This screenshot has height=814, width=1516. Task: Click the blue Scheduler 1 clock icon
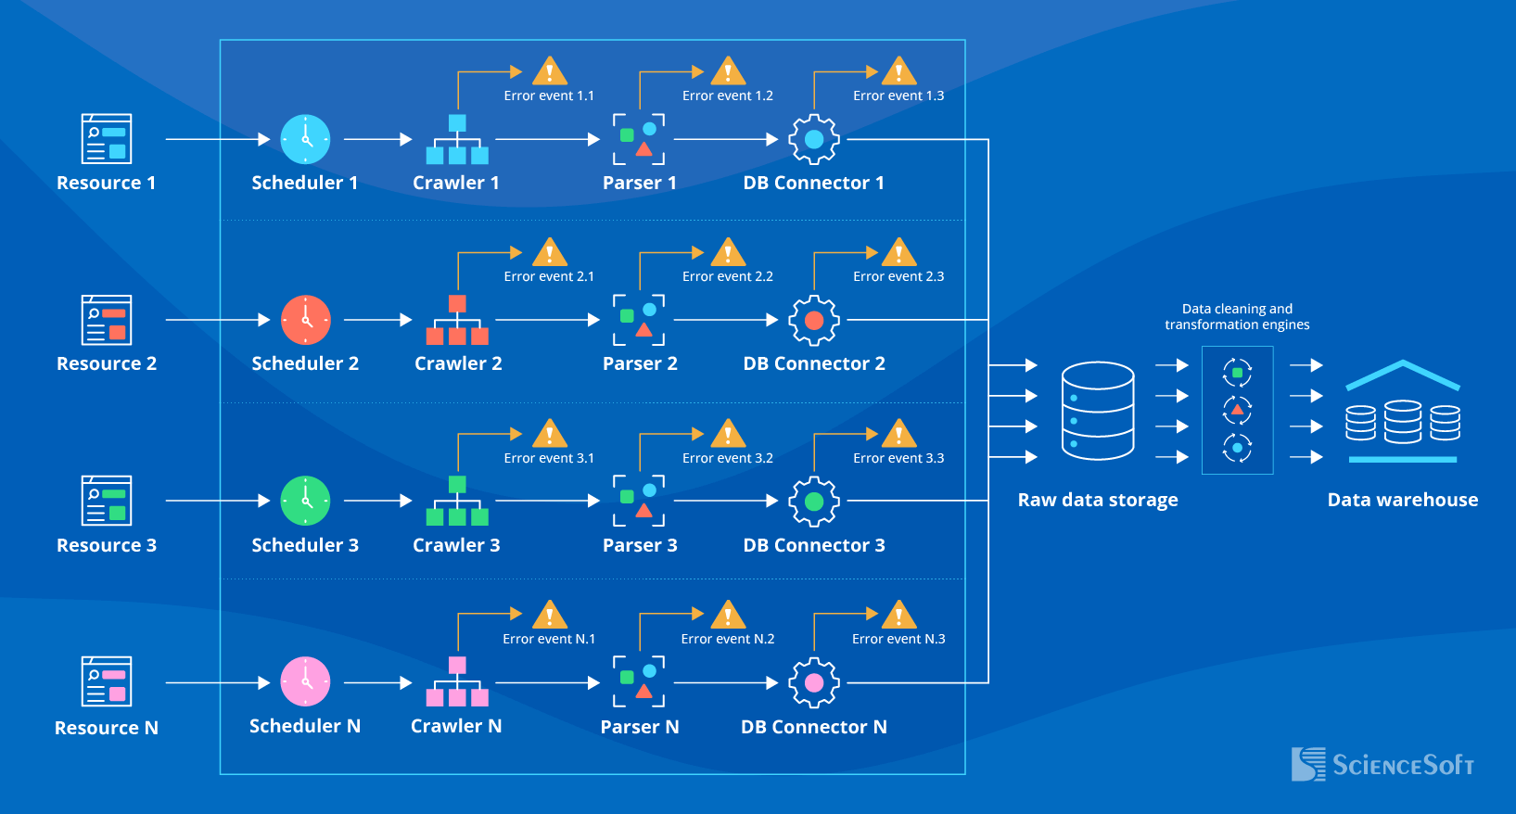coord(305,139)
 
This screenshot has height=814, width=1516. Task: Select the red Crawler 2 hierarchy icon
coord(457,320)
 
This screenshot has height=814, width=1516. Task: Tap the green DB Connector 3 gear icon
coord(814,502)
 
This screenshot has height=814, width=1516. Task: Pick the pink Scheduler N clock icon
coord(305,682)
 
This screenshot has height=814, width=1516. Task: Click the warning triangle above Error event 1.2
coord(728,71)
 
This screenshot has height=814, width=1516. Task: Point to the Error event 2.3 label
coord(898,276)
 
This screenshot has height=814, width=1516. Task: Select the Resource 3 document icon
coord(107,501)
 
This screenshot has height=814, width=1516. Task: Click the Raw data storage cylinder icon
coord(1098,411)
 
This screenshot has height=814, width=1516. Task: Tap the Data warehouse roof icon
coord(1402,375)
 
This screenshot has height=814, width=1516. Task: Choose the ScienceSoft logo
coord(1382,764)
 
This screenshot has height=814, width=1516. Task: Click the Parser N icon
coord(639,682)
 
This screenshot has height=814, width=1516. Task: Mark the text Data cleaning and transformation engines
coord(1237,316)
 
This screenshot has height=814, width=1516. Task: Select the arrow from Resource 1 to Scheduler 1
coord(217,139)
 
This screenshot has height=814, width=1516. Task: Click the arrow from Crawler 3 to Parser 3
coord(547,501)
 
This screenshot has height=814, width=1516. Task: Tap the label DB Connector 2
coord(814,363)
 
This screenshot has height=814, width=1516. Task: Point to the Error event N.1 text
coord(549,639)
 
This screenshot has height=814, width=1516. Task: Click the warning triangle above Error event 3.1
coord(550,434)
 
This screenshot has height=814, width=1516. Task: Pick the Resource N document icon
coord(107,681)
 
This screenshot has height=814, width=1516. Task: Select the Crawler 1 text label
coord(456,183)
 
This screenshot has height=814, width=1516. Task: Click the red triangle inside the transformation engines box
coord(1237,409)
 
